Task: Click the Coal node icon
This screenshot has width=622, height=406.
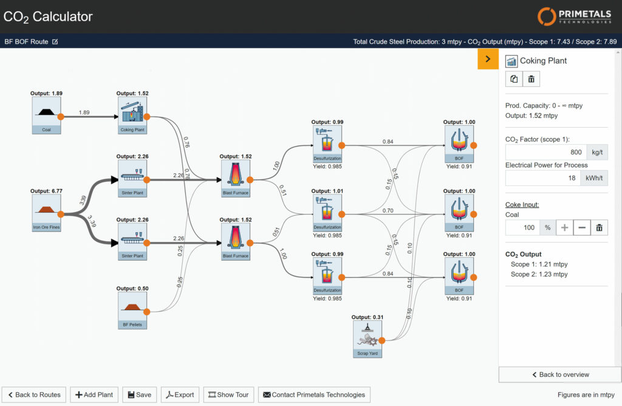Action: pyautogui.click(x=46, y=115)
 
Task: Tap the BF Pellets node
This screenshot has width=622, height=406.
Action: pyautogui.click(x=132, y=311)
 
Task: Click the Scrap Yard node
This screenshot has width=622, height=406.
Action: pyautogui.click(x=367, y=339)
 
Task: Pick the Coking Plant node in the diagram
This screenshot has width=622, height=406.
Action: pyautogui.click(x=132, y=115)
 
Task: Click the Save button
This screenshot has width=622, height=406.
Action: pyautogui.click(x=140, y=394)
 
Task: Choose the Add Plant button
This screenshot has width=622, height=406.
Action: pyautogui.click(x=94, y=394)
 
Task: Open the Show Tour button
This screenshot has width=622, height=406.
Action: pyautogui.click(x=228, y=394)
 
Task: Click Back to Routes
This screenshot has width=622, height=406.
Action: pyautogui.click(x=34, y=394)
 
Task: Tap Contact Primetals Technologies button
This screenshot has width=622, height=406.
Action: pyautogui.click(x=314, y=394)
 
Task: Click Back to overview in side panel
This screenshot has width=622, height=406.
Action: pyautogui.click(x=560, y=374)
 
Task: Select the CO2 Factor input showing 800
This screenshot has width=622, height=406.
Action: pyautogui.click(x=546, y=152)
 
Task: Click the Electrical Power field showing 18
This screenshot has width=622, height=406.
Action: pyautogui.click(x=543, y=178)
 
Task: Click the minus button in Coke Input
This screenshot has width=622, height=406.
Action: pyautogui.click(x=582, y=227)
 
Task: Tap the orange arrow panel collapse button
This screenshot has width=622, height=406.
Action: pyautogui.click(x=488, y=59)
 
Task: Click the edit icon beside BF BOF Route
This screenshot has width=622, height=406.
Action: pyautogui.click(x=55, y=42)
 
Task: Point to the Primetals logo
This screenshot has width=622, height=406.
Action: pyautogui.click(x=575, y=16)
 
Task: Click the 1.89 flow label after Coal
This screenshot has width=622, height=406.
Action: pyautogui.click(x=84, y=112)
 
